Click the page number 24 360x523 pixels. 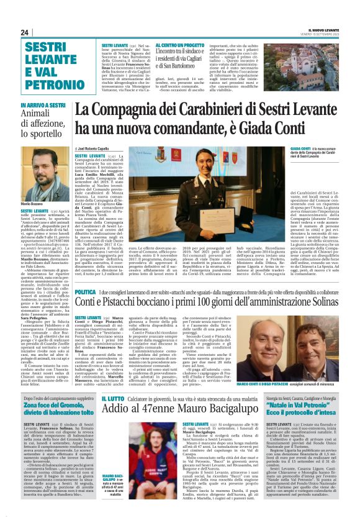click(x=25, y=32)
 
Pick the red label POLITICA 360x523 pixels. click(x=85, y=291)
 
